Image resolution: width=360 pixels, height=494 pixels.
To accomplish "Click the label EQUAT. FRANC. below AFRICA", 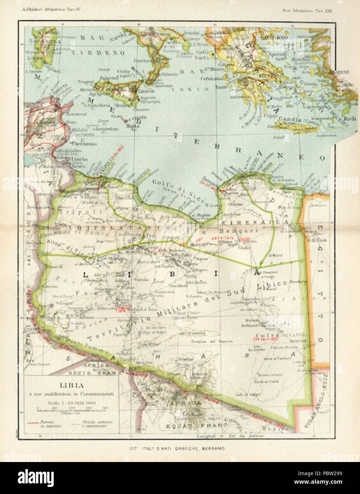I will coord(192,425).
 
